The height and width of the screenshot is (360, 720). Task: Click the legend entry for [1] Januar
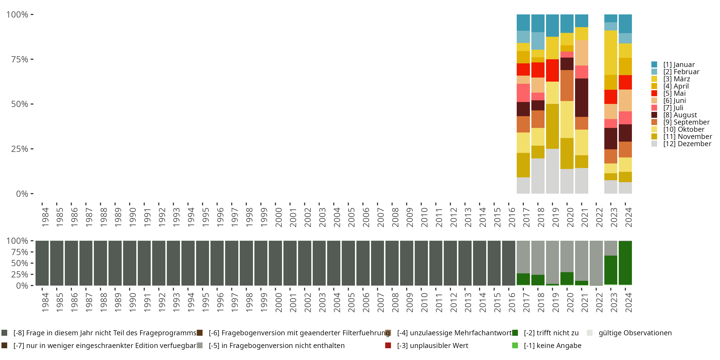click(679, 65)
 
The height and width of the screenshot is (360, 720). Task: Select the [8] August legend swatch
click(654, 115)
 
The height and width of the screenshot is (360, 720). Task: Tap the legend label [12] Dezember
click(687, 144)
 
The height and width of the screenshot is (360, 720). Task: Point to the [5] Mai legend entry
click(674, 93)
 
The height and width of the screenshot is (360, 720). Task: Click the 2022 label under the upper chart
click(599, 217)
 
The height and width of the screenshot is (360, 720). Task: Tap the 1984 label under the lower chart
click(45, 302)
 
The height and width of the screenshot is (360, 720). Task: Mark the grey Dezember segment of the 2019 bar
click(552, 171)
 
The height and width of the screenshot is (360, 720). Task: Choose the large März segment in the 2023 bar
click(611, 53)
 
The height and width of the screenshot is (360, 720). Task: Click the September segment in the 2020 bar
click(567, 85)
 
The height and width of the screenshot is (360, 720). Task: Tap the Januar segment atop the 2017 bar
click(523, 22)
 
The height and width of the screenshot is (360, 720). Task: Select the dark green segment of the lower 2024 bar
click(625, 263)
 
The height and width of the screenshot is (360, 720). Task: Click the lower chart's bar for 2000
click(275, 263)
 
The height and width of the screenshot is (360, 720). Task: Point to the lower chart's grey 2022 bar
click(596, 263)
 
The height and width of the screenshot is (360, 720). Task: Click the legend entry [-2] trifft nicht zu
click(551, 333)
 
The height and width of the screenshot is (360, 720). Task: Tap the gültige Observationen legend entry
click(635, 333)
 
